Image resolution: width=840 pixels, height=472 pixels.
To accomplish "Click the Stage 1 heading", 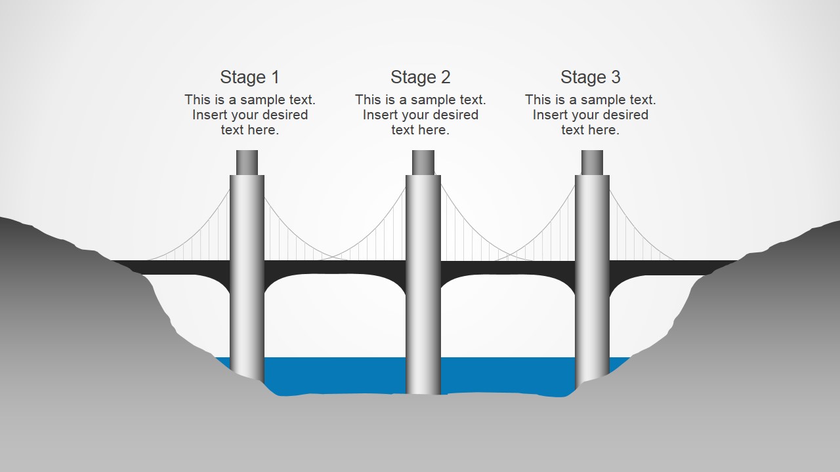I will [x=249, y=77].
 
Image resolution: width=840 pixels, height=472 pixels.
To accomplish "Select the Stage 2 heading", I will [x=420, y=77].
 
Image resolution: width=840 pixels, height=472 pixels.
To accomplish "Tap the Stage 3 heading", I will [x=590, y=77].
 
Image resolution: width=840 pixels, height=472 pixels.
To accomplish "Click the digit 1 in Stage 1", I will [x=275, y=77].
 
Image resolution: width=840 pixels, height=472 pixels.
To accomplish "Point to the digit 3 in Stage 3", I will [x=616, y=77].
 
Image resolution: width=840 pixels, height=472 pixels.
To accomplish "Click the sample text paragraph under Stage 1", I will [x=250, y=115].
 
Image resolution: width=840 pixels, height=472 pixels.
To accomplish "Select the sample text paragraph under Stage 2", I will [x=421, y=115].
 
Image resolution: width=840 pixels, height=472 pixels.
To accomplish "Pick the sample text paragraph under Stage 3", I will [x=591, y=115].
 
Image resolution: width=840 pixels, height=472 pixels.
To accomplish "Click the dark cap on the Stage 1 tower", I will [x=247, y=162].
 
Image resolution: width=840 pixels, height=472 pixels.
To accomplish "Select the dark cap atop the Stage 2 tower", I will [x=423, y=162].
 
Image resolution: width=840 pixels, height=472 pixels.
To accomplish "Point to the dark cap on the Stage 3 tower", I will [x=592, y=162].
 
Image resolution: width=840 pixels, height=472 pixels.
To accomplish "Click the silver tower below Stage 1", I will [x=247, y=275].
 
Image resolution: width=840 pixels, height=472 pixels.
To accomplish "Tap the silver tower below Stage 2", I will [x=423, y=282].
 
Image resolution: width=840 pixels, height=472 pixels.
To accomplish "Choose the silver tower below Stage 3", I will [x=592, y=275].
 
